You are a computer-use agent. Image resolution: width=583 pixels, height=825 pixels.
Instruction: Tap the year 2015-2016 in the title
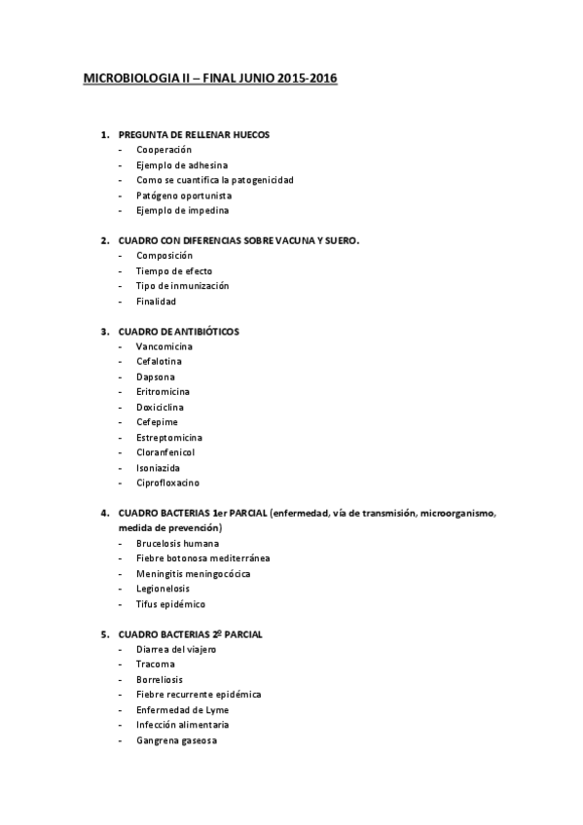coord(305,77)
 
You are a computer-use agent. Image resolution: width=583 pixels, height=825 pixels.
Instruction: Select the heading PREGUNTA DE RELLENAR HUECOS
coord(194,134)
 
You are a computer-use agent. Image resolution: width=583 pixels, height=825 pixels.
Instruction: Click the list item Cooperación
coord(164,150)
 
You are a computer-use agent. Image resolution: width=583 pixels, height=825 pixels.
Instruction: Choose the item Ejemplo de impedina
coord(183,210)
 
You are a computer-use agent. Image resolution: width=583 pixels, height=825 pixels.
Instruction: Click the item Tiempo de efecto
coord(174,270)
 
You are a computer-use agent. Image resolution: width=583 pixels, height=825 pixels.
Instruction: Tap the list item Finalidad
coord(156,302)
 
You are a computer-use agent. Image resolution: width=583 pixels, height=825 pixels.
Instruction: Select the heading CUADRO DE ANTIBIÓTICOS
coord(178,332)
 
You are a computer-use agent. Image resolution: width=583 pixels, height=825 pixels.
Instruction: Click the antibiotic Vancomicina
coord(164,346)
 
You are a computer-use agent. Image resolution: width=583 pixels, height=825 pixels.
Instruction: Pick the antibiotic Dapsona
coord(156,377)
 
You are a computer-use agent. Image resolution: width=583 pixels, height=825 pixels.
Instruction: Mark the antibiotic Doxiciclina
coord(160,407)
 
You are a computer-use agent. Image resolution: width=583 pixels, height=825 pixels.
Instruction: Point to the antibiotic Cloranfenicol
coord(165,452)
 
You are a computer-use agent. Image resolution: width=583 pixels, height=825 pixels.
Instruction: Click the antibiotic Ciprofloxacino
coord(167,483)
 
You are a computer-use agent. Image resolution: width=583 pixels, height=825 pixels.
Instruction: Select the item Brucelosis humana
coord(177,543)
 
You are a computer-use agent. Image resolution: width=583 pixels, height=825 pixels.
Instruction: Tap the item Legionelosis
coord(163,588)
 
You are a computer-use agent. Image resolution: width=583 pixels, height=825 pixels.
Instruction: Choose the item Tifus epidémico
coord(170,603)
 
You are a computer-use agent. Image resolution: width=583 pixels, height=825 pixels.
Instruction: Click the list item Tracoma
coord(156,664)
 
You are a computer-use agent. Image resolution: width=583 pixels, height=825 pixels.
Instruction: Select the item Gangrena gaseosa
coord(176,740)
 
